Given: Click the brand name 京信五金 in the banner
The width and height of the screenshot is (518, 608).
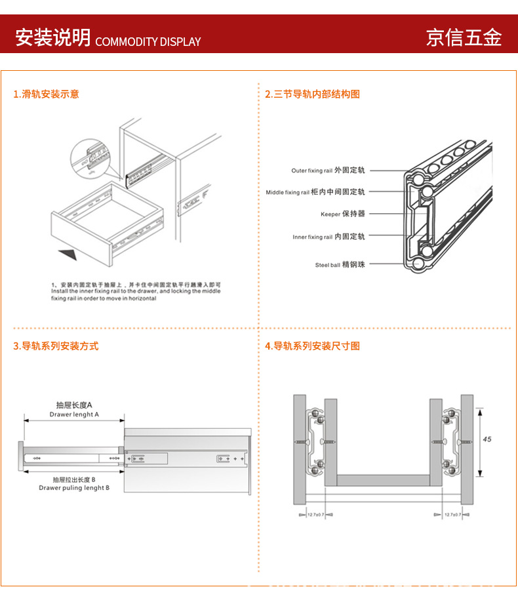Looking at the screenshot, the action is (464, 37).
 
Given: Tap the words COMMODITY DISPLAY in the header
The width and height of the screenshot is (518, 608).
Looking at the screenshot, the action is (148, 42).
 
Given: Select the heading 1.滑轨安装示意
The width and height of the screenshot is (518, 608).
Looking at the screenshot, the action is (46, 94).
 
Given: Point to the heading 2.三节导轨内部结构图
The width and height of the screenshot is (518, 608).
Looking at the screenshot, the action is (312, 94).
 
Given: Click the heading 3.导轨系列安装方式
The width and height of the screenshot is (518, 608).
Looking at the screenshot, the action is (56, 346).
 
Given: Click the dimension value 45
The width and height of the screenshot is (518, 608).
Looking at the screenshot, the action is (487, 439).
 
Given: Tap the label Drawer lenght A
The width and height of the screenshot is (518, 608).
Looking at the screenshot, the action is (74, 415).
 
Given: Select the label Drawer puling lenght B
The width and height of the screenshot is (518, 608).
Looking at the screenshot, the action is (74, 488).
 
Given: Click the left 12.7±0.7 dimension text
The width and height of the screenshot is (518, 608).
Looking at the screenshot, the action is (317, 516).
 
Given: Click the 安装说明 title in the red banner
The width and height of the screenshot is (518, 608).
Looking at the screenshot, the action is (53, 37).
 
